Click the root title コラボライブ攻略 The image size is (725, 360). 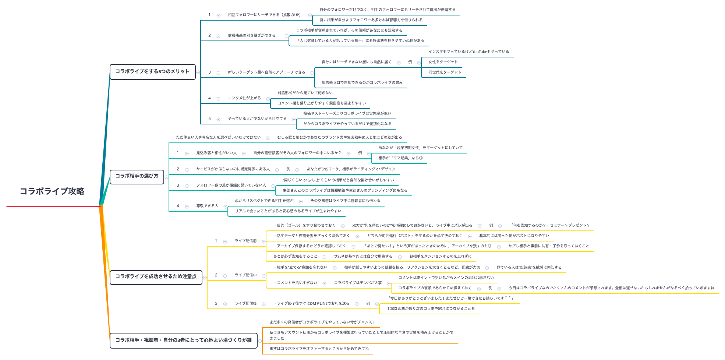pyautogui.click(x=52, y=191)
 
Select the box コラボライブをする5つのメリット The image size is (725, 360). pyautogui.click(x=152, y=71)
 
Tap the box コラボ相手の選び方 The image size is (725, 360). pyautogui.click(x=137, y=176)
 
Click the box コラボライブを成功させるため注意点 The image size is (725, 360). pyautogui.click(x=156, y=276)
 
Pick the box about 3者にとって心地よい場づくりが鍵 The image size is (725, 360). pyautogui.click(x=184, y=340)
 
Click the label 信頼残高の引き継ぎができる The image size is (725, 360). pyautogui.click(x=252, y=36)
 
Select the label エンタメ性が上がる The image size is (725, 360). pyautogui.click(x=244, y=98)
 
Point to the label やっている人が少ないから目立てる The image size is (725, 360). pyautogui.click(x=257, y=119)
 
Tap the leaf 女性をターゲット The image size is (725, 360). pyautogui.click(x=443, y=62)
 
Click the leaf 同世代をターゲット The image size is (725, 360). pyautogui.click(x=445, y=73)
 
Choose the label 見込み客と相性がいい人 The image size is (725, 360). pyautogui.click(x=216, y=153)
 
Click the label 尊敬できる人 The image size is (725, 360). pyautogui.click(x=207, y=206)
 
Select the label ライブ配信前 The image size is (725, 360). pyautogui.click(x=246, y=241)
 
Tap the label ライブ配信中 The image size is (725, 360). pyautogui.click(x=246, y=275)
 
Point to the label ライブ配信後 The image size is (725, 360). pyautogui.click(x=246, y=304)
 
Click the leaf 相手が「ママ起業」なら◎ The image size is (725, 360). pyautogui.click(x=400, y=158)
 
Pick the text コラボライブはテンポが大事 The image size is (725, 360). pyautogui.click(x=358, y=283)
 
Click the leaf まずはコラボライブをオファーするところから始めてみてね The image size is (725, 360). pyautogui.click(x=319, y=349)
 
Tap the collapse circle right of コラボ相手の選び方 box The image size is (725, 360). pyautogui.click(x=166, y=177)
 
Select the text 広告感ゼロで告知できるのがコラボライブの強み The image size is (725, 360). pyautogui.click(x=362, y=83)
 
